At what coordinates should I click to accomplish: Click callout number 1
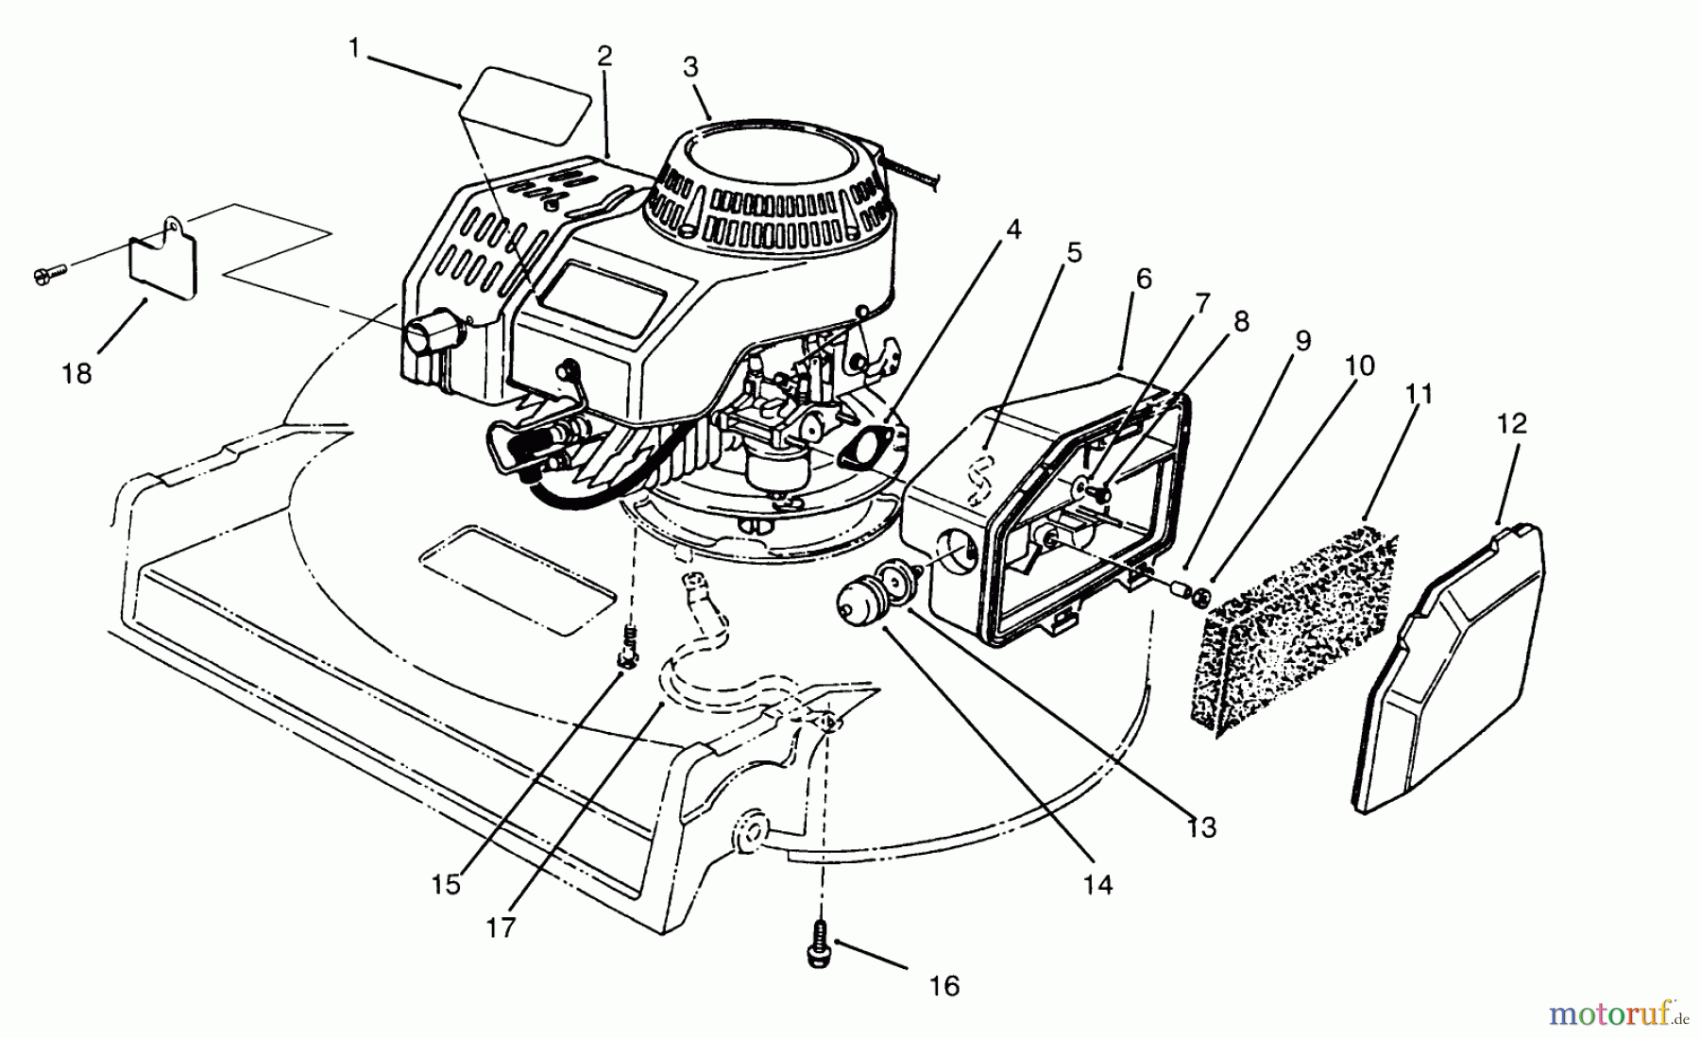[x=354, y=46]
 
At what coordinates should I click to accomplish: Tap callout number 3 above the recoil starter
[x=690, y=67]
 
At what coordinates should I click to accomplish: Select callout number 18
[x=76, y=374]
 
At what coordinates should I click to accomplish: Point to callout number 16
[x=943, y=986]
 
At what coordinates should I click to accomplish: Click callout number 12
[x=1512, y=423]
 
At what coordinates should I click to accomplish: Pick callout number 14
[x=1098, y=885]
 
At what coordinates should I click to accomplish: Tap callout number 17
[x=501, y=927]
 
